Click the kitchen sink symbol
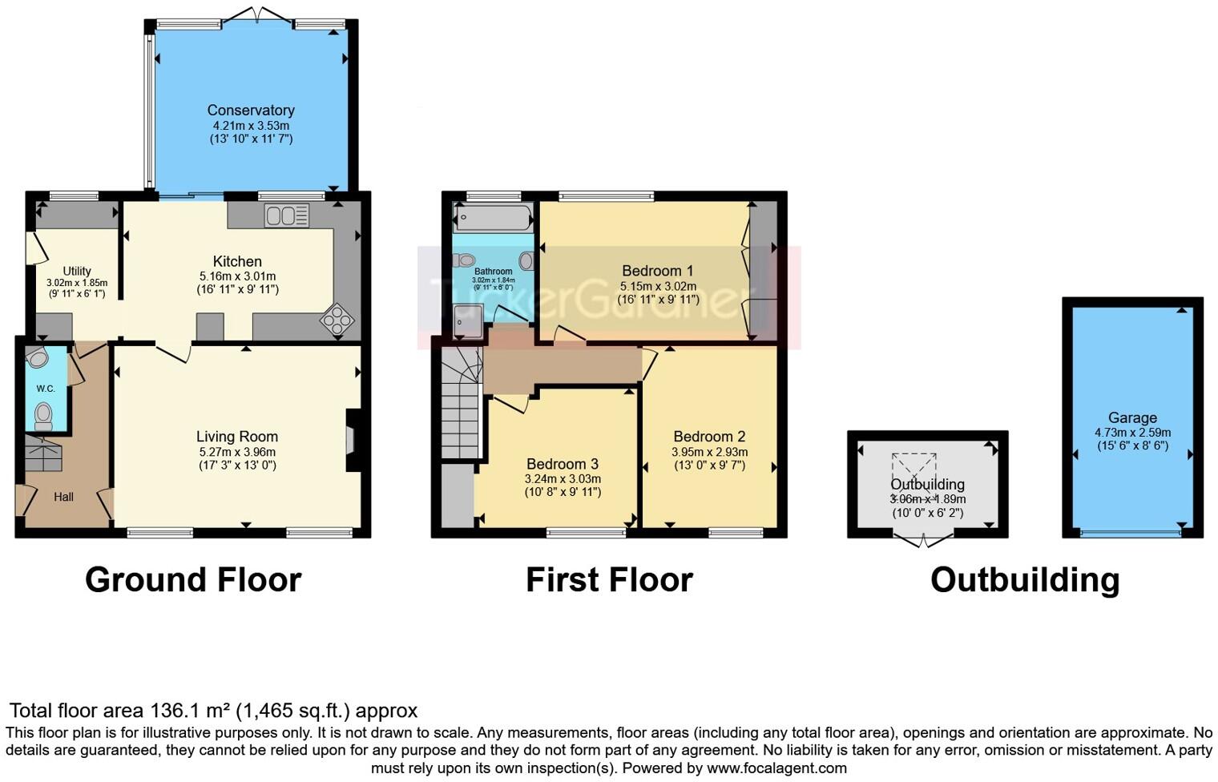(287, 216)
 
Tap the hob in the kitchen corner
(337, 320)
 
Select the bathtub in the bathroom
(493, 218)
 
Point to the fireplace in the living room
(352, 440)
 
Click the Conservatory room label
(251, 111)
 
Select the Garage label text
(1132, 417)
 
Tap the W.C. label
(45, 389)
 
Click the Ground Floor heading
(193, 579)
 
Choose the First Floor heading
(609, 579)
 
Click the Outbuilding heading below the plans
(1025, 579)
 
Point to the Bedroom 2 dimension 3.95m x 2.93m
(709, 452)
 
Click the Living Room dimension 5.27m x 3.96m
(237, 452)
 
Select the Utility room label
(77, 271)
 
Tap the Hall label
(63, 497)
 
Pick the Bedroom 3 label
(563, 464)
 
